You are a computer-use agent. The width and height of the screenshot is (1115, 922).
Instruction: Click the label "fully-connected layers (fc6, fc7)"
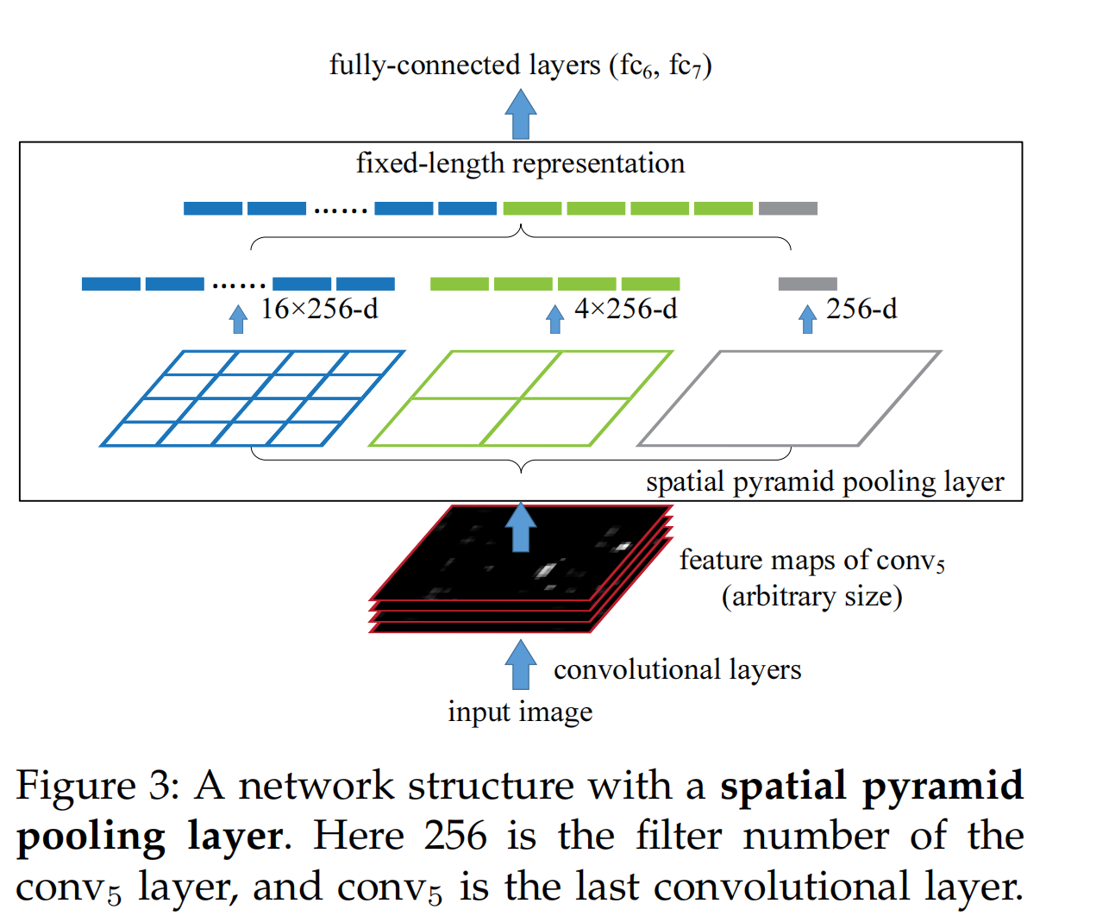pos(520,66)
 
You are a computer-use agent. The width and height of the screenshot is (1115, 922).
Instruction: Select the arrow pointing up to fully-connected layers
pos(521,114)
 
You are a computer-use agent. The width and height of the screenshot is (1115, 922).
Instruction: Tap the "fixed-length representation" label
pos(520,163)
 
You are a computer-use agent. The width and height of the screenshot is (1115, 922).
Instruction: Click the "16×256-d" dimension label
pos(319,309)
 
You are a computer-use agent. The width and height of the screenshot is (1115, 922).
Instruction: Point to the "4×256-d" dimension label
pos(625,309)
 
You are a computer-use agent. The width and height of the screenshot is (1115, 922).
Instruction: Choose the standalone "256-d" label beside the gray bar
pos(861,309)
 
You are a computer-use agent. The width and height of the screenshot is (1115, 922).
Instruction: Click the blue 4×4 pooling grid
pos(252,398)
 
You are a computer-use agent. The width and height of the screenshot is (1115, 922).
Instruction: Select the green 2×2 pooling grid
pos(520,398)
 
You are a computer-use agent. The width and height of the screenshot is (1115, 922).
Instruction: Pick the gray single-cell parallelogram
pos(788,398)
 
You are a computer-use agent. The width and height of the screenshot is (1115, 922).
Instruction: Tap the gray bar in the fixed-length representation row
pos(787,208)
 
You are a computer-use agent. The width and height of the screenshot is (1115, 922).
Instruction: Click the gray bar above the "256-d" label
pos(807,284)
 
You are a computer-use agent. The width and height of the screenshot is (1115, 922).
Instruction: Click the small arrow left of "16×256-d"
pos(239,319)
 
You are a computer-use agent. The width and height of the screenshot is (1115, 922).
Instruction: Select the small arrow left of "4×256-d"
pos(555,319)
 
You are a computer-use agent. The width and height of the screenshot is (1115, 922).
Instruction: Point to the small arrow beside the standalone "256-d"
pos(807,319)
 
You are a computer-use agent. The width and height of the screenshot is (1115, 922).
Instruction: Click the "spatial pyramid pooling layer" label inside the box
pos(824,481)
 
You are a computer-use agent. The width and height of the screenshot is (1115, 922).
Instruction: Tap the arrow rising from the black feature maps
pos(520,528)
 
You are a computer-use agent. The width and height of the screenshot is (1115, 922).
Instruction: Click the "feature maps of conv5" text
pos(811,561)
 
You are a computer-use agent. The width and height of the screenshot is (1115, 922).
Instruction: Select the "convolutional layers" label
pos(677,669)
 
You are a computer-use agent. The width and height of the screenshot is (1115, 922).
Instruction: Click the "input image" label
pos(520,712)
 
